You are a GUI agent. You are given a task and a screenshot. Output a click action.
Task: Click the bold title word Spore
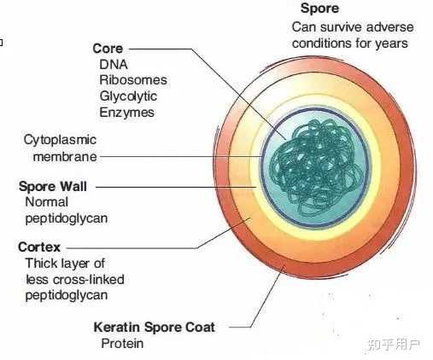coord(319,9)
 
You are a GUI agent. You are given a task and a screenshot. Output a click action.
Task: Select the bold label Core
coord(108,49)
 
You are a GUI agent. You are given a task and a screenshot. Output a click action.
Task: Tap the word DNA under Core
coord(114,65)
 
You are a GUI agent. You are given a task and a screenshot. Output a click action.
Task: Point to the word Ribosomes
coord(133,80)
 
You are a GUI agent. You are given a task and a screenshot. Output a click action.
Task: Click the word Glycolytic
coord(128,96)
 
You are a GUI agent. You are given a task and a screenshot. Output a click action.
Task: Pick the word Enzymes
coord(126,113)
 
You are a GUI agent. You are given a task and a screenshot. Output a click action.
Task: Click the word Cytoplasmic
coord(60,140)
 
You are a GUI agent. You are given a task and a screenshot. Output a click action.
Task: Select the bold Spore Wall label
coord(53,187)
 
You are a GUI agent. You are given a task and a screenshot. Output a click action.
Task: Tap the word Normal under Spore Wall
coord(46,202)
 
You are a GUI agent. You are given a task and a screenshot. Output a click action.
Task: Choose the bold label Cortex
coord(39,247)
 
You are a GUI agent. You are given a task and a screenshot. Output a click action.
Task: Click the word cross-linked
coord(89,280)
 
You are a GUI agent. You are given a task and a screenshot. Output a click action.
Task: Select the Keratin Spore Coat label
coord(154,328)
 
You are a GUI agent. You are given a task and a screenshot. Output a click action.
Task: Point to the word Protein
coord(122,344)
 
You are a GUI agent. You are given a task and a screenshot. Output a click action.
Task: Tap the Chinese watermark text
coord(394,345)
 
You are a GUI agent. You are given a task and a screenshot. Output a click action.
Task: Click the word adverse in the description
coord(390,27)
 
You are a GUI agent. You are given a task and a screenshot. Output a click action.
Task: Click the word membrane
coord(65,157)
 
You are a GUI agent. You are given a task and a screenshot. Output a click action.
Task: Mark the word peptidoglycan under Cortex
coord(67,296)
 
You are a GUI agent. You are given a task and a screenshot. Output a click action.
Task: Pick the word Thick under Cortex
coord(40,264)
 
